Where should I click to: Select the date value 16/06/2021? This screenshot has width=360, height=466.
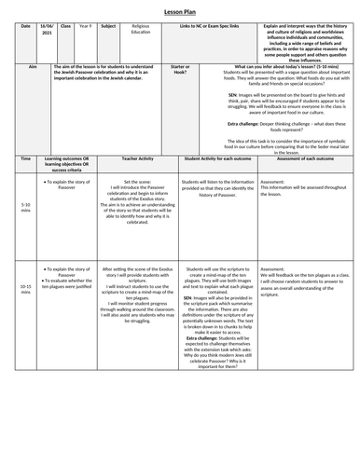click(47, 33)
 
